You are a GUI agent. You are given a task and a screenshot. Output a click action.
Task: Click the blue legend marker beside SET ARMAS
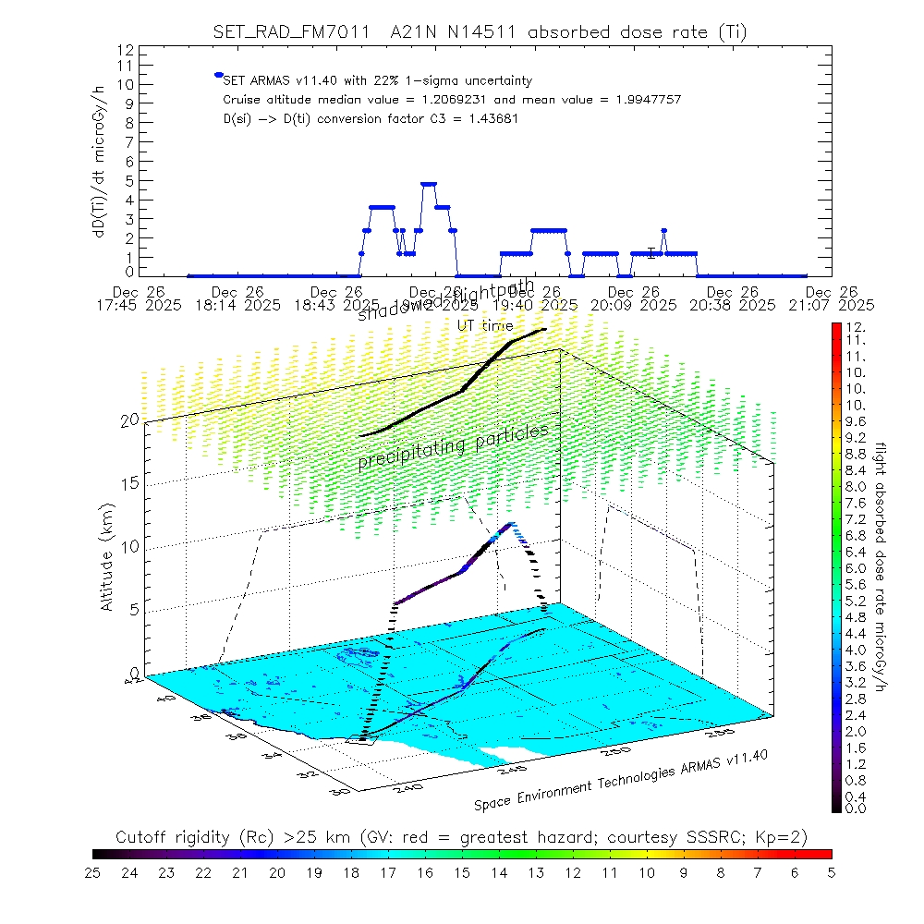[x=218, y=75]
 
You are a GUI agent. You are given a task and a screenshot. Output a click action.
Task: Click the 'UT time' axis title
[x=484, y=325]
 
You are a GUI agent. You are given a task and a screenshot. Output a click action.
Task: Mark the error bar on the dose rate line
[x=651, y=252]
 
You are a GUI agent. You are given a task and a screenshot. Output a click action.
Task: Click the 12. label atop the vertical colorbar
[x=854, y=327]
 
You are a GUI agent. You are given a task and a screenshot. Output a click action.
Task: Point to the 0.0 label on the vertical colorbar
[x=854, y=808]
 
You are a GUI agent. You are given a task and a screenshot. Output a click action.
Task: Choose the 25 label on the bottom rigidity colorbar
[x=93, y=870]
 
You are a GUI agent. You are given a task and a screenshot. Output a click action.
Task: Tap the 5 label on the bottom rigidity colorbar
[x=831, y=870]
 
